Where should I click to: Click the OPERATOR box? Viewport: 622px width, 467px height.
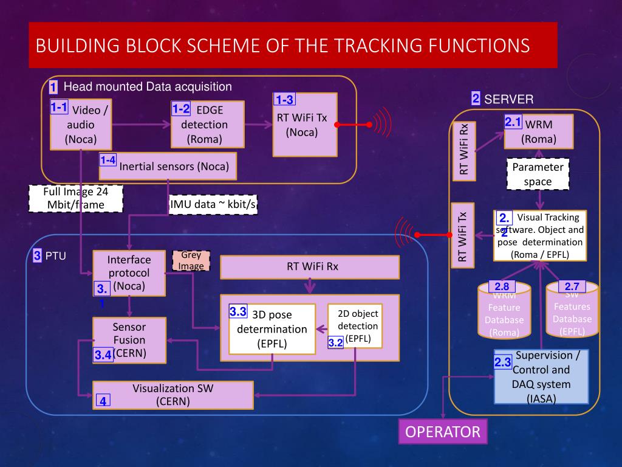[442, 432]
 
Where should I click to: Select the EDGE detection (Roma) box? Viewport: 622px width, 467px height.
[207, 125]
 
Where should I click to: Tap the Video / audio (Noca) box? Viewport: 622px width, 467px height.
[81, 124]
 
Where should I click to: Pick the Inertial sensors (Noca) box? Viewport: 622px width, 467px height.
[168, 166]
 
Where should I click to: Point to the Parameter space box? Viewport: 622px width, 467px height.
[538, 175]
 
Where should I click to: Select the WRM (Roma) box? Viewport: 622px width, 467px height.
[538, 131]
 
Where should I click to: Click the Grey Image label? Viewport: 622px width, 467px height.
[191, 261]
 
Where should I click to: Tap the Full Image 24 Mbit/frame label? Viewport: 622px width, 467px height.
[76, 199]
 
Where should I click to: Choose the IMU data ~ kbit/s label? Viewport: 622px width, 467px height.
[213, 205]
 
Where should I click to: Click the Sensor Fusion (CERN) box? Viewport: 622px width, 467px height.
[129, 340]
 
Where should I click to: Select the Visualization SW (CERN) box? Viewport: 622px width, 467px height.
[173, 395]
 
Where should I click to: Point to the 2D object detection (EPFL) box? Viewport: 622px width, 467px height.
[355, 326]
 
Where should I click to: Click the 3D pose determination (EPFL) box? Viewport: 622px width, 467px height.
[272, 329]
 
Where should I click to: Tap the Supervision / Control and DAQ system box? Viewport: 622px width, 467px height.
[541, 377]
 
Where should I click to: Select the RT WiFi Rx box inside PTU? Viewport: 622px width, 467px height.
[310, 266]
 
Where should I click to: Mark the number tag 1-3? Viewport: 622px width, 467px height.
[285, 100]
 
